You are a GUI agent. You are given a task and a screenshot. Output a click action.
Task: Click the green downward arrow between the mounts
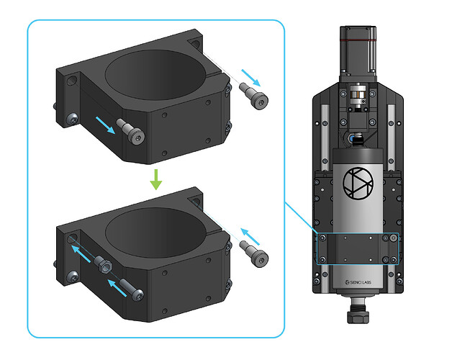[x=156, y=179]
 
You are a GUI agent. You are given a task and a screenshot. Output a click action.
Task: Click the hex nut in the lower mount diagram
[x=103, y=264]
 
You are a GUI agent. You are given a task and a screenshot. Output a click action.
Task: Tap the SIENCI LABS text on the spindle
[x=358, y=282]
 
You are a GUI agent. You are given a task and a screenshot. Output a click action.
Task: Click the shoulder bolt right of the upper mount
[x=254, y=96]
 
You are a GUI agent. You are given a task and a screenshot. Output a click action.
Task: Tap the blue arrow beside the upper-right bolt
[x=251, y=78]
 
